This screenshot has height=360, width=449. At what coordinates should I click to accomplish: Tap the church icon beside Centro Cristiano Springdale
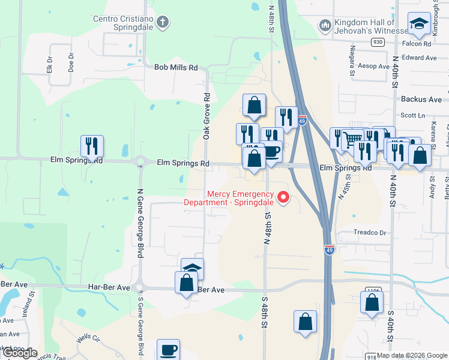click(x=161, y=23)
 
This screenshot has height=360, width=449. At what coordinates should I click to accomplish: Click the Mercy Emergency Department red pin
click(x=282, y=196)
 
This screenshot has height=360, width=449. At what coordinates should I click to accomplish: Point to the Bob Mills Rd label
click(x=176, y=68)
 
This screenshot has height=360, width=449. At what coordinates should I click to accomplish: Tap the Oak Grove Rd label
click(x=206, y=116)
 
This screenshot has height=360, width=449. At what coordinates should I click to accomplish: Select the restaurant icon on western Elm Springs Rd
click(x=92, y=146)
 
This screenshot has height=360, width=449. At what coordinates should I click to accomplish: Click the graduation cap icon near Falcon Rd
click(x=418, y=24)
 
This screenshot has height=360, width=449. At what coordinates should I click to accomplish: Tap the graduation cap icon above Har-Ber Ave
click(x=193, y=269)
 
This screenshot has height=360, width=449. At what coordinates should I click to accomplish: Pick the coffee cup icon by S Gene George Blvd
click(x=168, y=349)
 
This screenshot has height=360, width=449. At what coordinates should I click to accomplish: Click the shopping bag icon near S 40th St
click(x=372, y=304)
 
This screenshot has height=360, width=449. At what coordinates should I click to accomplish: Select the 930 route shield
click(x=377, y=42)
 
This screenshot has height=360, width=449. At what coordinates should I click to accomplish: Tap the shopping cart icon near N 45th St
click(x=352, y=140)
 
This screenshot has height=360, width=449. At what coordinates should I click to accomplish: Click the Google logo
click(x=20, y=353)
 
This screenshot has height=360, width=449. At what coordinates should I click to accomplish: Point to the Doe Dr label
click(x=71, y=61)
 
